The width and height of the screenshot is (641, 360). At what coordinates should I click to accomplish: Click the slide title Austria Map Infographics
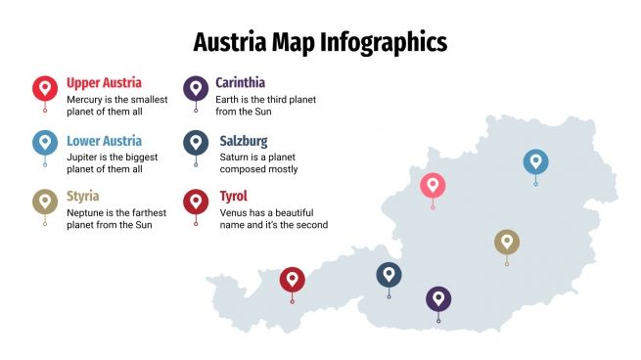320,42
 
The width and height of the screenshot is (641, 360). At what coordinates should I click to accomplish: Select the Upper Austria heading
104,83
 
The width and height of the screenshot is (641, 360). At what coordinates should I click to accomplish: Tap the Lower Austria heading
105,141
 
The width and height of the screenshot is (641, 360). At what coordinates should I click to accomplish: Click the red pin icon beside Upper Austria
45,88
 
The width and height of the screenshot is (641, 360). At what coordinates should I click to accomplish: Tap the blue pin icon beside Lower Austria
45,144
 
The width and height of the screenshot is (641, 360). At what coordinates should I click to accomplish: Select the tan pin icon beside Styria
45,202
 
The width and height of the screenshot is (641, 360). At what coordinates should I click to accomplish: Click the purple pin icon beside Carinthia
196,88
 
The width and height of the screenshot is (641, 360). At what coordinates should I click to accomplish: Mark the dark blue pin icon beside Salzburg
196,144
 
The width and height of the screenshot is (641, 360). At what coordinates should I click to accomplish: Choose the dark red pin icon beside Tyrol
196,202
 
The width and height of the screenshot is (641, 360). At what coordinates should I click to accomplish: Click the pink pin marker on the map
433,185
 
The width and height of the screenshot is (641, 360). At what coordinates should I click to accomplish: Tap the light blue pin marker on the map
535,161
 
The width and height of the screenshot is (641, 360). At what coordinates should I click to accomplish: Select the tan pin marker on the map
506,242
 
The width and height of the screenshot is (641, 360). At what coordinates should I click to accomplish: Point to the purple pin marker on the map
438,298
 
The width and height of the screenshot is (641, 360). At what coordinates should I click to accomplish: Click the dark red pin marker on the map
292,280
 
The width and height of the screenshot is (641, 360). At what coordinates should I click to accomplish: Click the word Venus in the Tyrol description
233,211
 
